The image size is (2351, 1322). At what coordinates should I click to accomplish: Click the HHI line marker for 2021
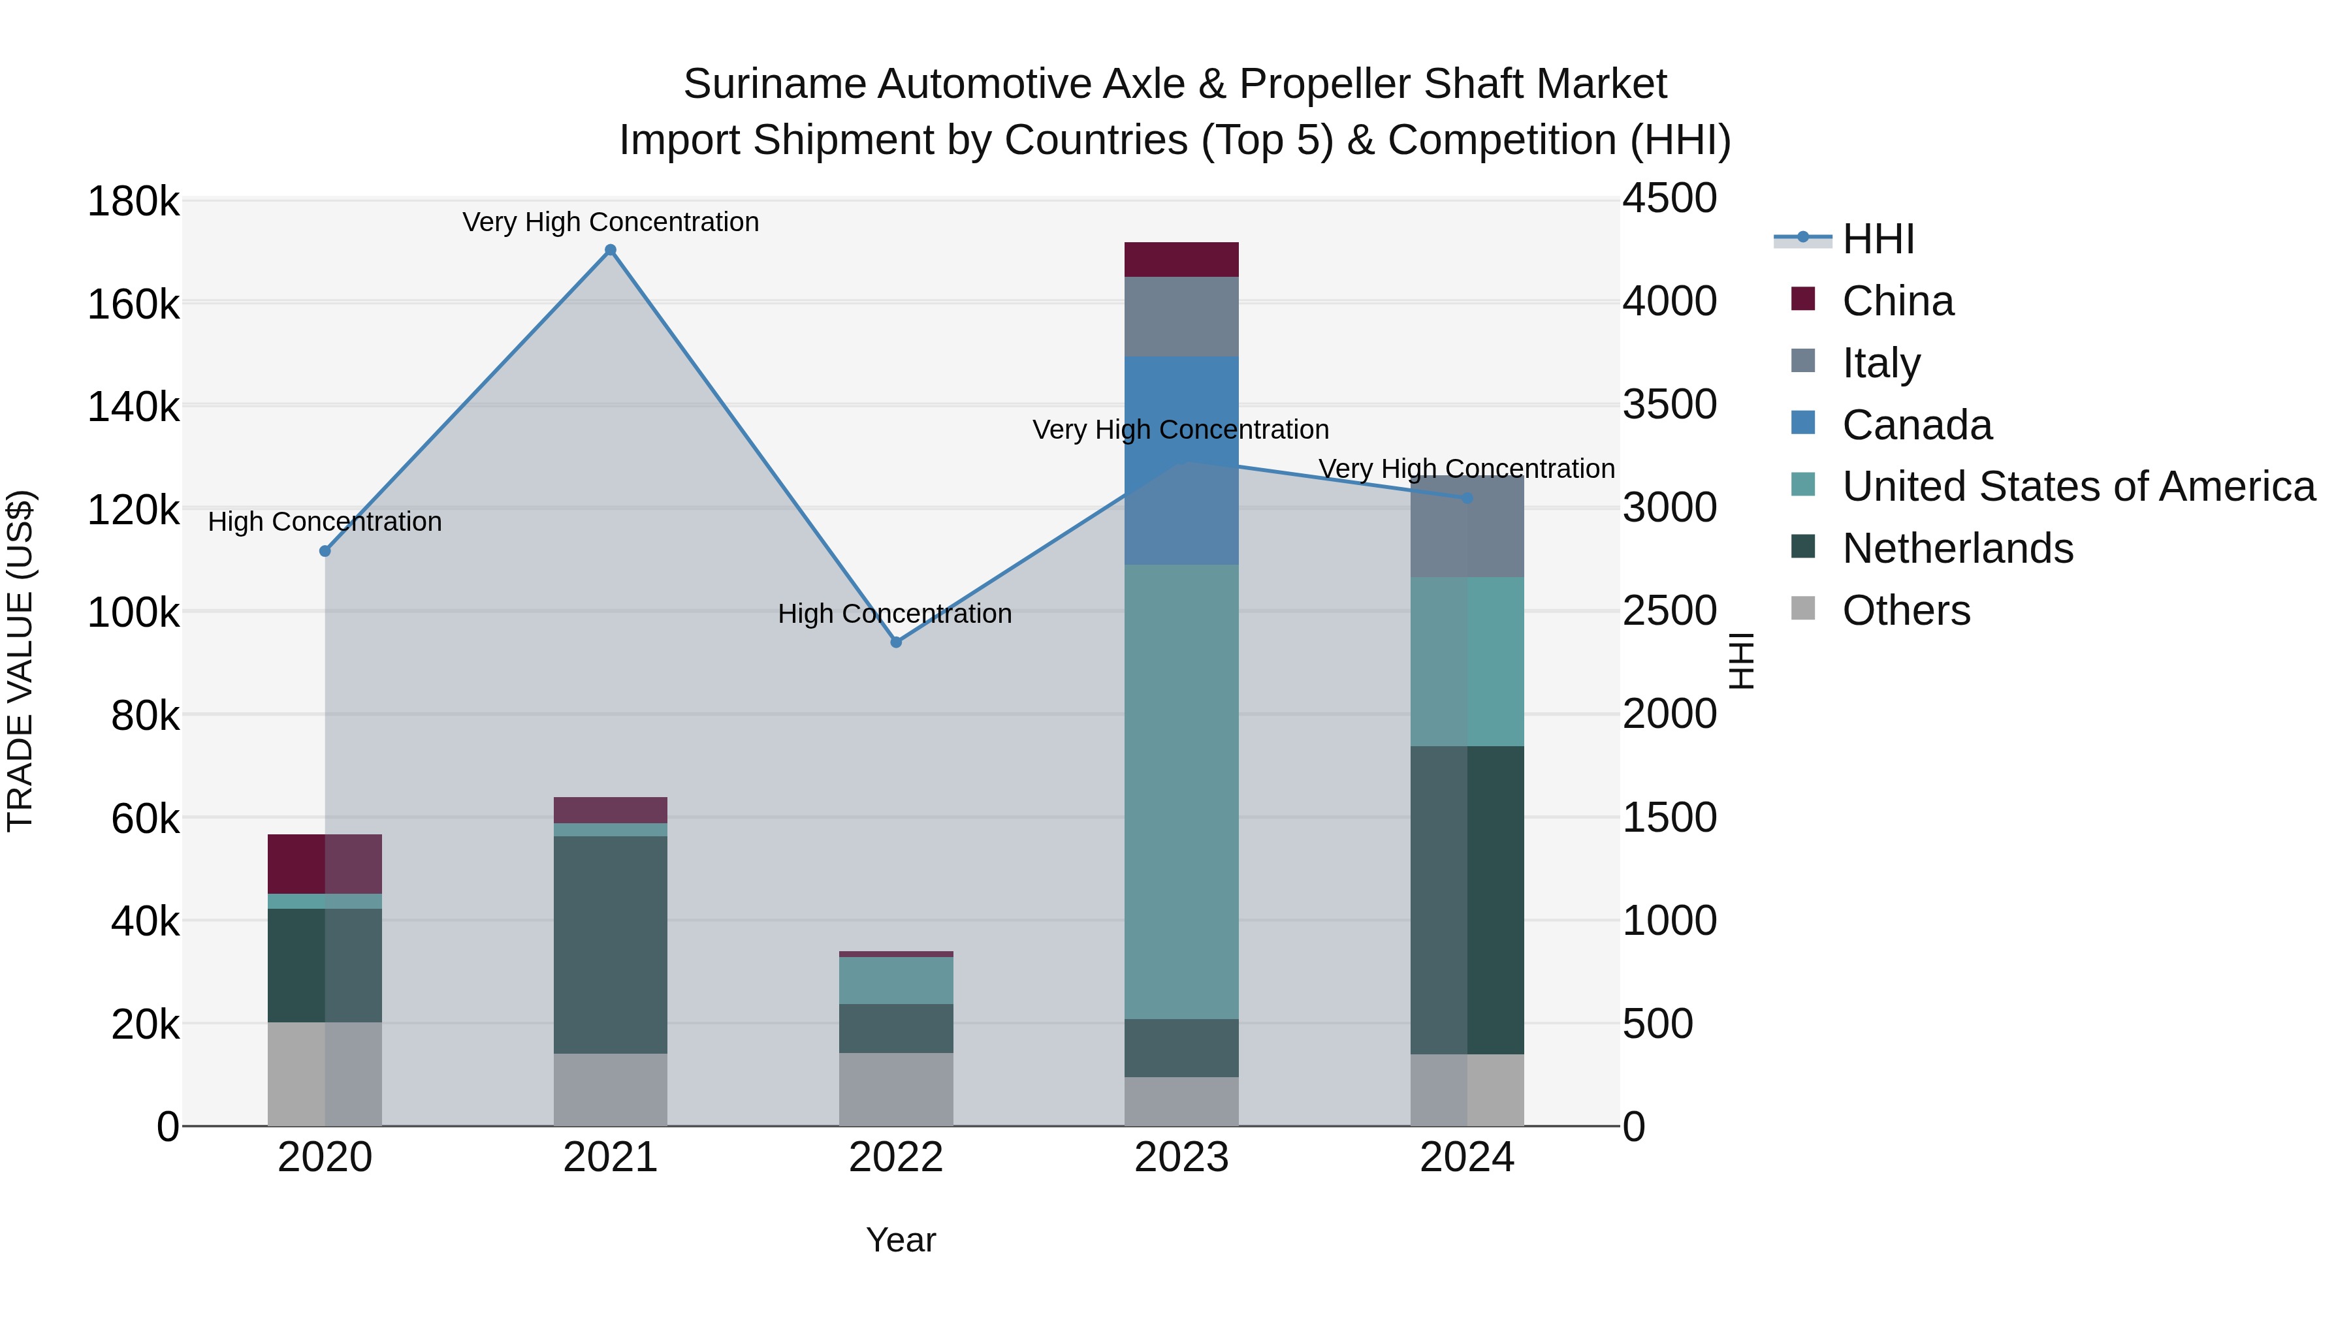click(x=611, y=250)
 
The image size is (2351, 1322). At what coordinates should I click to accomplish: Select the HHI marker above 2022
click(x=896, y=642)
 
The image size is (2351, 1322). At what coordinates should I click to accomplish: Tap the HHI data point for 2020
click(x=325, y=551)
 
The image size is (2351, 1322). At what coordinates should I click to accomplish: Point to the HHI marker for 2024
click(x=1467, y=498)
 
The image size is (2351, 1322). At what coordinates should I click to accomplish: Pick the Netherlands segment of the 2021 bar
click(x=611, y=944)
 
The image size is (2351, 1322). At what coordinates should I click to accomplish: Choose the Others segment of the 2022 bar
click(x=896, y=1090)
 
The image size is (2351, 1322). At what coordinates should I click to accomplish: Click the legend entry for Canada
click(x=1917, y=425)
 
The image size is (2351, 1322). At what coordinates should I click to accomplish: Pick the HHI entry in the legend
click(x=1878, y=239)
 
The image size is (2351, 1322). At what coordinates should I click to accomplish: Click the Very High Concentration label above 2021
click(x=611, y=222)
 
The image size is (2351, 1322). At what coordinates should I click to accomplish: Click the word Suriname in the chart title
click(x=774, y=84)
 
